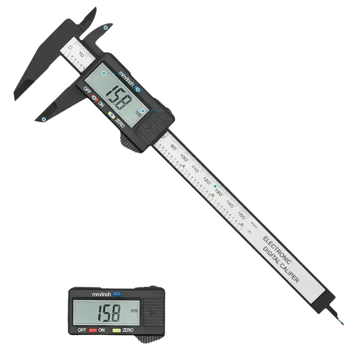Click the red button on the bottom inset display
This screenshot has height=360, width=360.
(x=89, y=330)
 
